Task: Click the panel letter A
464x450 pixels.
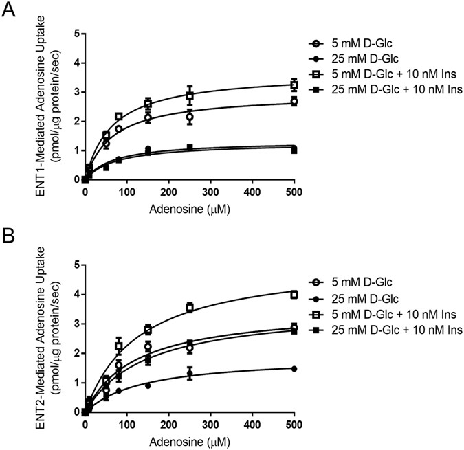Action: (x=10, y=12)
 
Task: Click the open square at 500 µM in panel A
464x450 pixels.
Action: (x=294, y=85)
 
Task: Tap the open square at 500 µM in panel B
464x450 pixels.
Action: (x=294, y=295)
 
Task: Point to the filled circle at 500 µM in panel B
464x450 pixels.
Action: (x=294, y=368)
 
